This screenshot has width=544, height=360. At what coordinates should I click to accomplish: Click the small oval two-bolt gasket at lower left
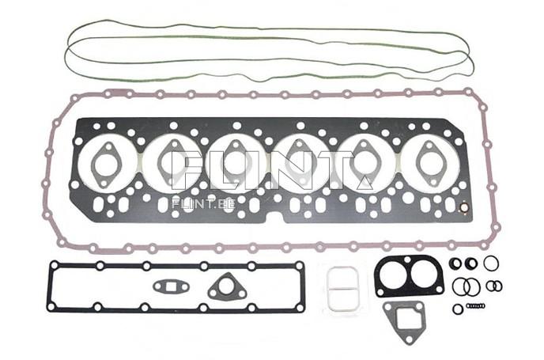tap(168, 286)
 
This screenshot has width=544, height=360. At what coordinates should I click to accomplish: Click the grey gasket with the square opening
tap(402, 320)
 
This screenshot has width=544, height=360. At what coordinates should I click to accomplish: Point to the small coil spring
tap(476, 305)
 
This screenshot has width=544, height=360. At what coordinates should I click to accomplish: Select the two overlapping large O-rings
tap(467, 286)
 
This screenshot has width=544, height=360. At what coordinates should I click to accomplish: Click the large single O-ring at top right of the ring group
tap(491, 263)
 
